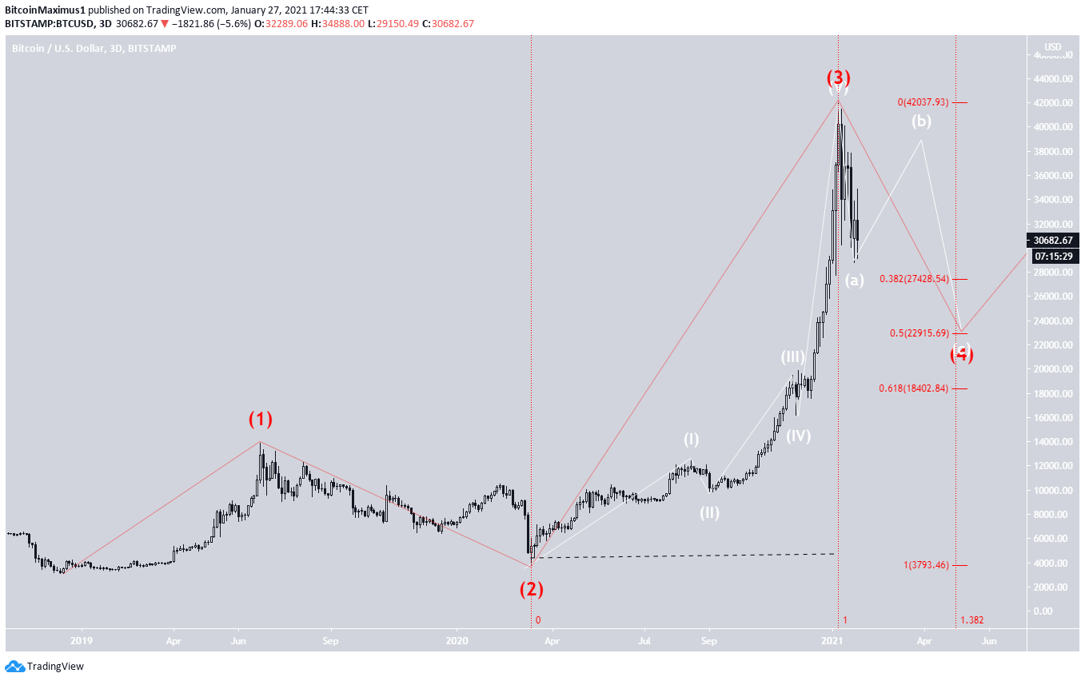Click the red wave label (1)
click(260, 419)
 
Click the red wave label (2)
click(532, 590)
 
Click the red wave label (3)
click(838, 78)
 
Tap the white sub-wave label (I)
click(691, 440)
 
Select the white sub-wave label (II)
click(709, 513)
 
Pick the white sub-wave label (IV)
click(798, 436)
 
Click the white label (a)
click(855, 280)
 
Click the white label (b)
click(921, 121)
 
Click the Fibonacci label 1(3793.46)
click(926, 565)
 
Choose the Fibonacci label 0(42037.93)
click(923, 102)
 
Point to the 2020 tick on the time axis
click(457, 640)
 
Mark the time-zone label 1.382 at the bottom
click(971, 620)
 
